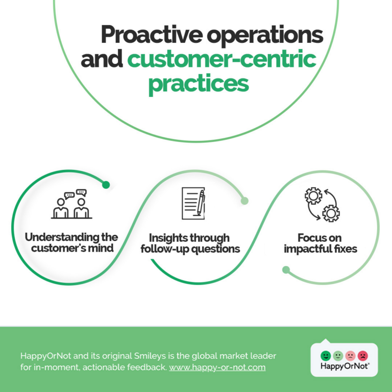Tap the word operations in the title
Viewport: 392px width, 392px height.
(x=265, y=36)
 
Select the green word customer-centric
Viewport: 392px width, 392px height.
(x=222, y=59)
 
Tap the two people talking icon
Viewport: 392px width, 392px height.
(x=71, y=204)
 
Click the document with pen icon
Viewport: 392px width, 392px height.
(x=193, y=203)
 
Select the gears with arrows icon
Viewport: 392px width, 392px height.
(x=322, y=204)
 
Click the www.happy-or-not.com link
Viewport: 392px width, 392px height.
(x=217, y=367)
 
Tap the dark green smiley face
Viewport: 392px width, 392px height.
(x=326, y=355)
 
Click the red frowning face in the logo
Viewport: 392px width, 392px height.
(x=363, y=355)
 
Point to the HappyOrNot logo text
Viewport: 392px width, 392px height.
(x=345, y=366)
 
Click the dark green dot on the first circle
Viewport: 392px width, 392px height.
(x=106, y=185)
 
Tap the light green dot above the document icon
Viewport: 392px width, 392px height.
(x=244, y=201)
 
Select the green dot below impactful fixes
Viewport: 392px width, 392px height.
(x=286, y=269)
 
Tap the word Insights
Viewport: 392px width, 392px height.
(x=165, y=238)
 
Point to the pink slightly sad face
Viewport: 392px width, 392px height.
(x=350, y=355)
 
